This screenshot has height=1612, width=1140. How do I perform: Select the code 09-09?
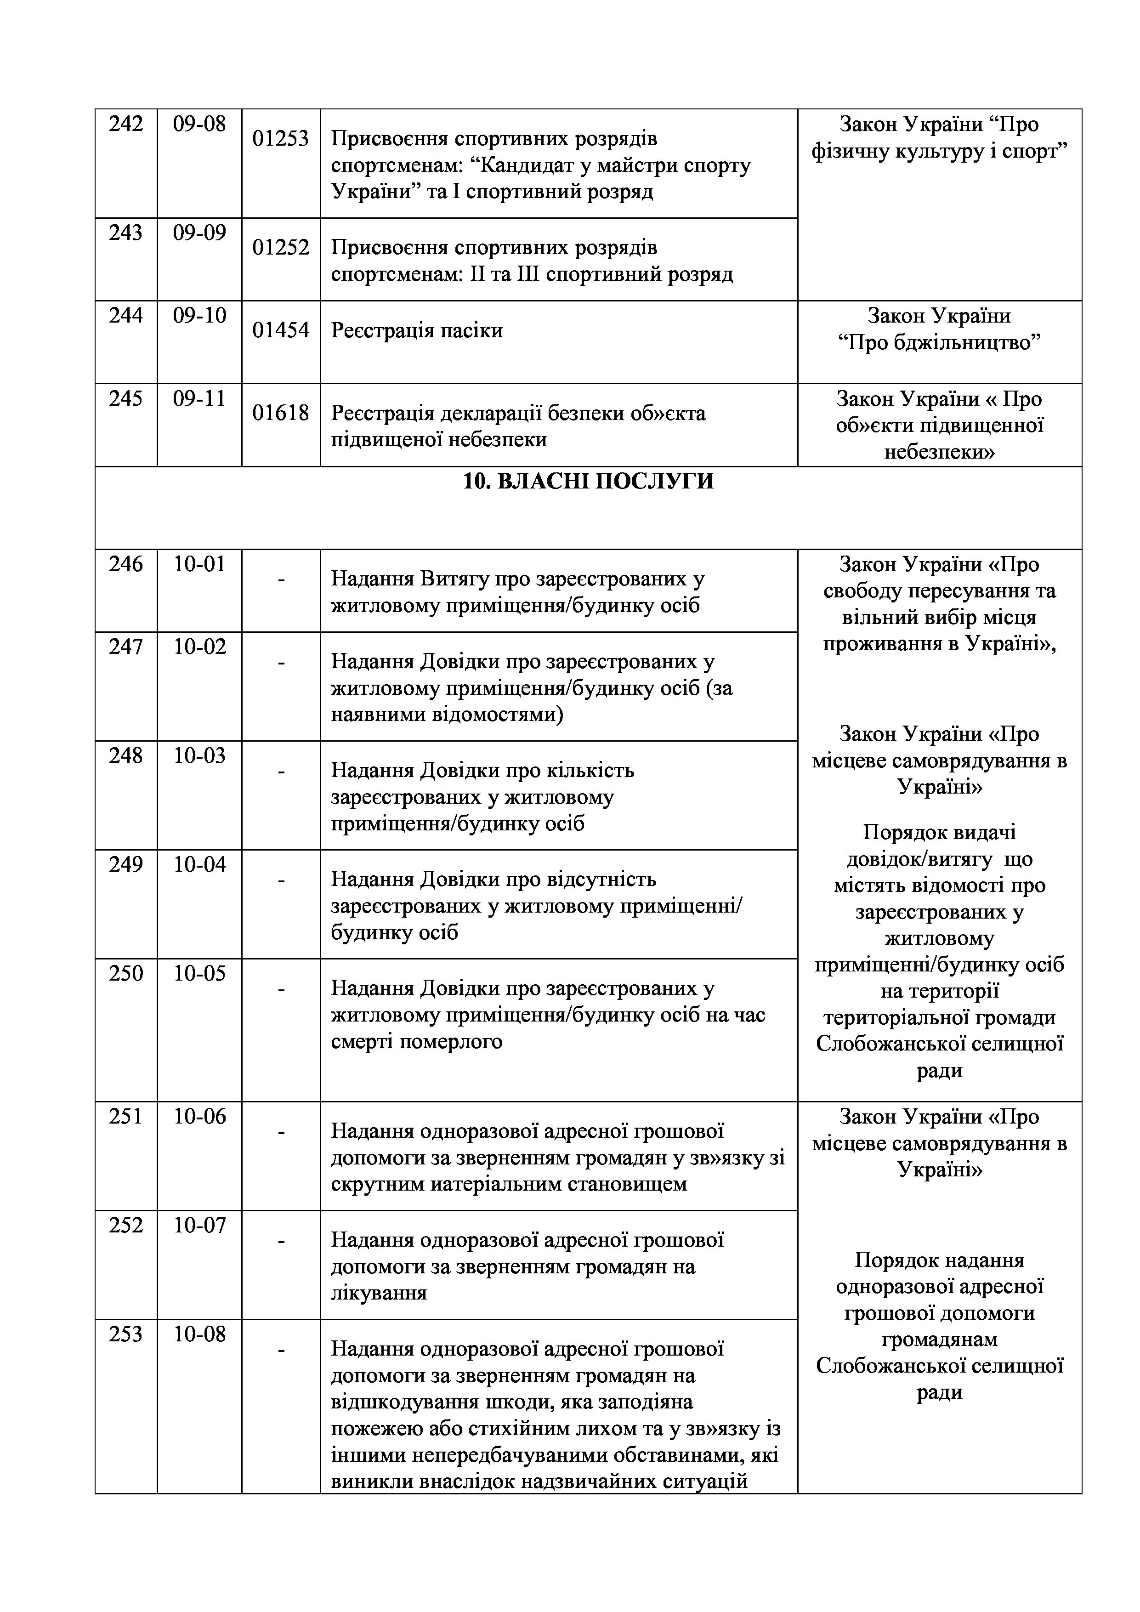click(x=199, y=233)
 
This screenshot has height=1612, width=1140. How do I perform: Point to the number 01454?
click(x=281, y=330)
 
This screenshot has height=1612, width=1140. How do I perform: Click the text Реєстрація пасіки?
click(x=417, y=330)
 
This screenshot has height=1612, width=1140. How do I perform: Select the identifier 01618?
click(x=281, y=413)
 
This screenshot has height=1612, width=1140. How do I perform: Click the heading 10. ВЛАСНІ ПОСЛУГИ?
click(x=588, y=482)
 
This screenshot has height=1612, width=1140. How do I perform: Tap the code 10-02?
click(x=199, y=647)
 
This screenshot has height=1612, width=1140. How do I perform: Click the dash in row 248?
click(x=281, y=771)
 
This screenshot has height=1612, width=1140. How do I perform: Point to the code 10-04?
click(x=199, y=864)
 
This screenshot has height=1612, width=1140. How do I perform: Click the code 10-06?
click(x=199, y=1116)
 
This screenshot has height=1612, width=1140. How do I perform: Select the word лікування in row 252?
click(x=379, y=1293)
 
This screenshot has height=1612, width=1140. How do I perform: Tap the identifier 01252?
click(x=281, y=247)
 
